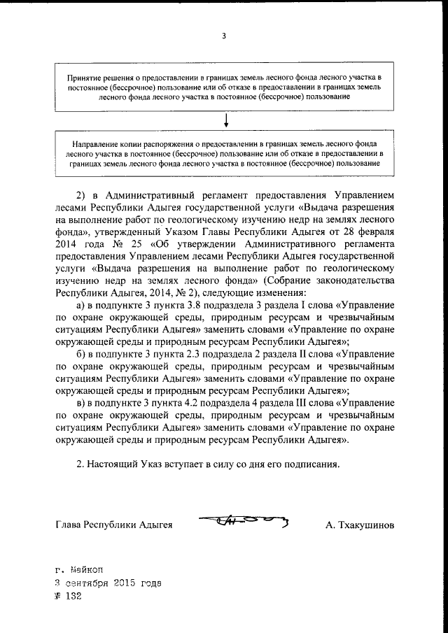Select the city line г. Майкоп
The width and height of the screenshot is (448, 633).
click(78, 571)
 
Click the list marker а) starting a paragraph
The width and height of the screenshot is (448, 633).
click(80, 305)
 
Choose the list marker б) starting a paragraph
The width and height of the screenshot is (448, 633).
click(80, 354)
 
